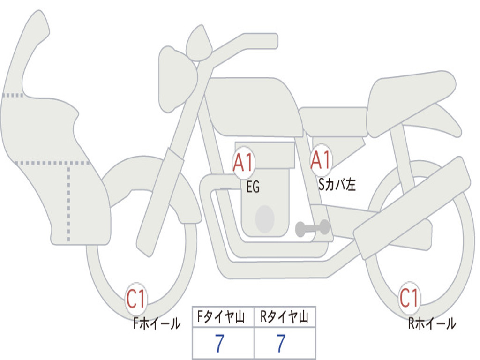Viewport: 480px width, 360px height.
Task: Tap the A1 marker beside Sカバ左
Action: [x=321, y=160]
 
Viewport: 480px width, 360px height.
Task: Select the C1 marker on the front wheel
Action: [x=136, y=299]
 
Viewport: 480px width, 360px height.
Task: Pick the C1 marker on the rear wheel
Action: [x=409, y=297]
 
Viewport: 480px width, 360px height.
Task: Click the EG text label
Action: [x=253, y=188]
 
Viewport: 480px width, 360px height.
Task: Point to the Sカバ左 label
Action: [x=337, y=185]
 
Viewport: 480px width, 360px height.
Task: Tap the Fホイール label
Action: [x=157, y=323]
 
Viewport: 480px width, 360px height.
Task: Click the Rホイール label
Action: [x=432, y=323]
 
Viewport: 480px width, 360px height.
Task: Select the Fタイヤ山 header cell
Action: [x=223, y=318]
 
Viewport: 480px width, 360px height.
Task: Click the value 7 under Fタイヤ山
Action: [x=220, y=344]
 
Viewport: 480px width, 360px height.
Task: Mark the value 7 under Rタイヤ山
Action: [x=281, y=344]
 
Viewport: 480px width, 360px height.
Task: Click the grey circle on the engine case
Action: [x=265, y=219]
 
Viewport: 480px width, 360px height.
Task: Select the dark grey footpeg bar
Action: [x=312, y=228]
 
